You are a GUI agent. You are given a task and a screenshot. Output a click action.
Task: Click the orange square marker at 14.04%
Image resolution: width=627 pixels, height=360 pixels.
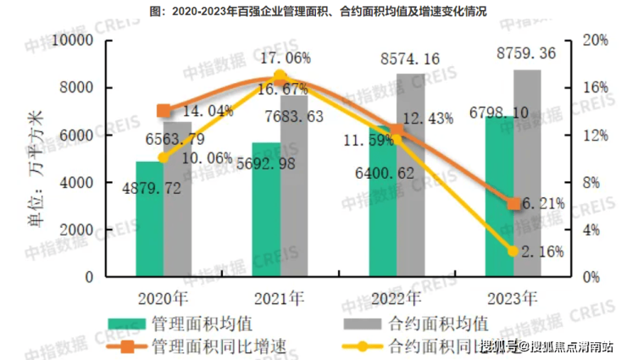[x=164, y=111]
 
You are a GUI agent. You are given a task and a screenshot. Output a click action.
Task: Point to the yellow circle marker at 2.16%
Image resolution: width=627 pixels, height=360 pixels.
[x=513, y=251]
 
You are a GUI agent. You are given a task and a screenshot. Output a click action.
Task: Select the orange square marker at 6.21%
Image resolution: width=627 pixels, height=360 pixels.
[x=513, y=203]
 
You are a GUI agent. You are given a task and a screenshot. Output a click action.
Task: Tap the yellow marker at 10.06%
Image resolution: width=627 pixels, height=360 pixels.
[x=164, y=158]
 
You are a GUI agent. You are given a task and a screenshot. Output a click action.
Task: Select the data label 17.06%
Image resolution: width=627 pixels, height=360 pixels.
[x=285, y=58]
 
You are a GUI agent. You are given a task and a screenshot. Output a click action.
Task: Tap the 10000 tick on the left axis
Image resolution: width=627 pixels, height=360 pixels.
[x=75, y=41]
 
